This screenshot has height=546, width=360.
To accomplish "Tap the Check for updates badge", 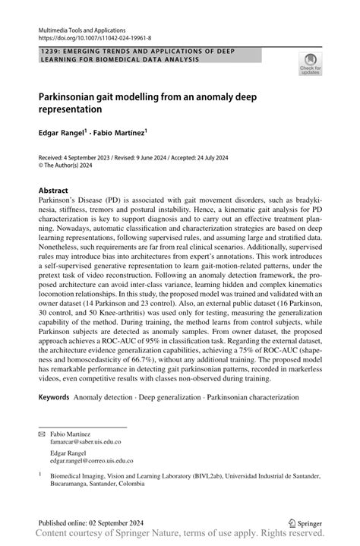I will (310, 65).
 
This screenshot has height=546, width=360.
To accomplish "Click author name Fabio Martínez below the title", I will (118, 131).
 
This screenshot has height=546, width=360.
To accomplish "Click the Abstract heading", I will (58, 191).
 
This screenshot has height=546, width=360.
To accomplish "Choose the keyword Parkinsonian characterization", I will (255, 397).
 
